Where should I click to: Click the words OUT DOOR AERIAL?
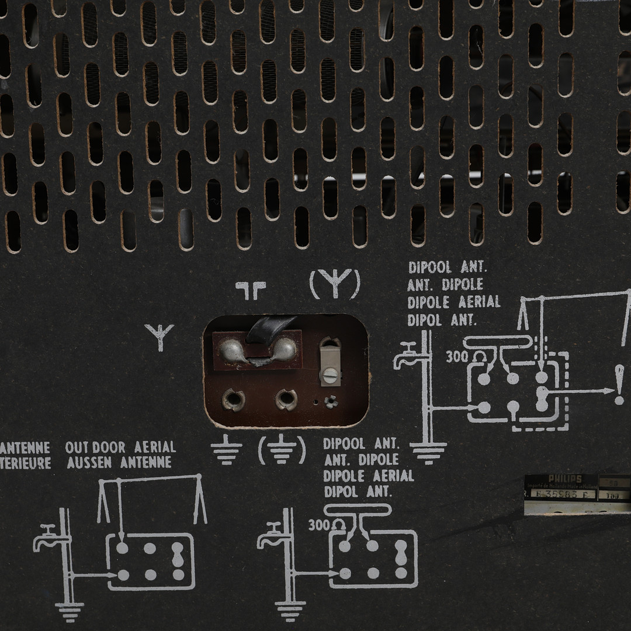click(120, 448)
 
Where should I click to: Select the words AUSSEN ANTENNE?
click(119, 463)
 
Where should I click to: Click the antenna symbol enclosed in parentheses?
click(335, 285)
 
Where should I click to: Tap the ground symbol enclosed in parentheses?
click(282, 450)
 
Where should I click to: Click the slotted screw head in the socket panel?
click(330, 373)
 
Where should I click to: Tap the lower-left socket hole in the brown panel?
click(234, 400)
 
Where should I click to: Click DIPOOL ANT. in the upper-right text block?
click(448, 268)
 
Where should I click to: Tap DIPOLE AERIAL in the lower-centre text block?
click(369, 476)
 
